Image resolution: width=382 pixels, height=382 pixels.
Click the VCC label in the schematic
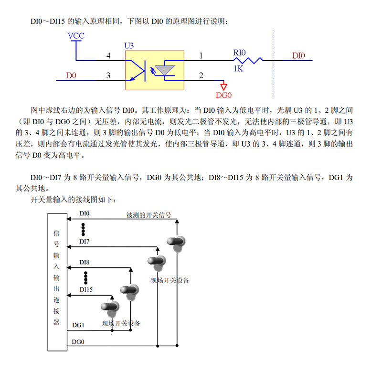click(x=76, y=36)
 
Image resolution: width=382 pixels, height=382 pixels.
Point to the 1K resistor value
click(x=239, y=69)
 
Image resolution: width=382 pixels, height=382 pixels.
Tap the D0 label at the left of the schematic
click(x=71, y=75)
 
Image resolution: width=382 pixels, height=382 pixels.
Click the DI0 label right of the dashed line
click(x=298, y=56)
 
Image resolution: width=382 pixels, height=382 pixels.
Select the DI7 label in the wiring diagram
click(x=84, y=242)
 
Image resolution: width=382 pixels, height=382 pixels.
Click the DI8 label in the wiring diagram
click(x=84, y=262)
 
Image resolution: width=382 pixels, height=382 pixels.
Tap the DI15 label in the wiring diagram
click(x=86, y=289)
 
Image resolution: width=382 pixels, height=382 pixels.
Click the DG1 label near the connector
click(x=78, y=325)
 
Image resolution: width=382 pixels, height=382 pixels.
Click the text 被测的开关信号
click(x=149, y=215)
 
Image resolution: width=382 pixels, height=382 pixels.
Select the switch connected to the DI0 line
click(x=177, y=243)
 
